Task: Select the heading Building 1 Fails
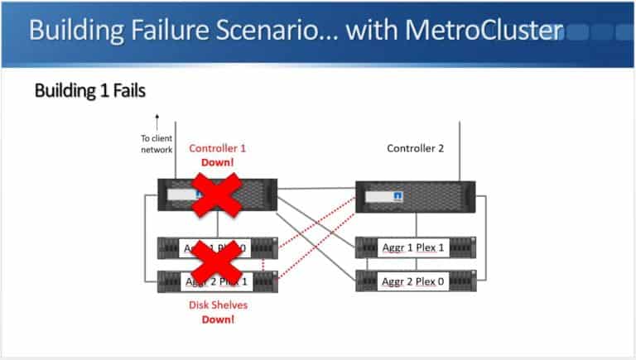pyautogui.click(x=89, y=90)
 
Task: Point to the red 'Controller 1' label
pyautogui.click(x=218, y=148)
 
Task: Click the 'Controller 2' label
pyautogui.click(x=415, y=148)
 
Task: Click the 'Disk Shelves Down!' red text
pyautogui.click(x=217, y=312)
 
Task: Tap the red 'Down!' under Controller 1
pyautogui.click(x=218, y=162)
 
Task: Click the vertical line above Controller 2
pyautogui.click(x=460, y=149)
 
